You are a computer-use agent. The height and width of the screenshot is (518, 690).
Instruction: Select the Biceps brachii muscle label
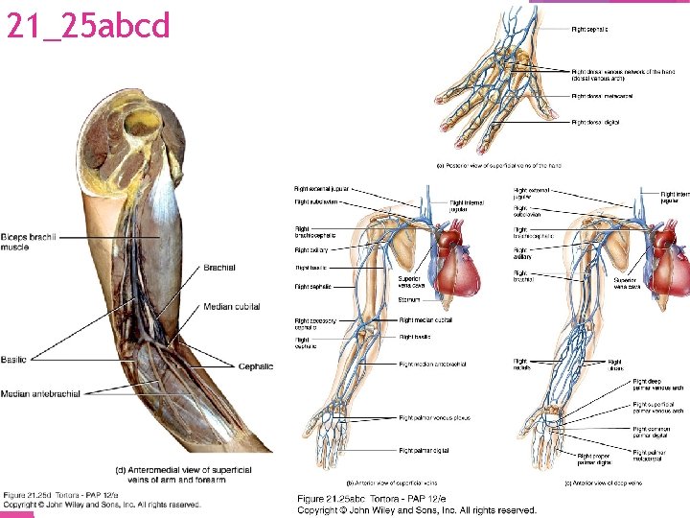(x=29, y=242)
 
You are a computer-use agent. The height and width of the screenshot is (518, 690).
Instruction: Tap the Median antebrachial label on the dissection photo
(x=40, y=393)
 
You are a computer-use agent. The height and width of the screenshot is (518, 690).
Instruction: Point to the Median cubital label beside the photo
(x=232, y=307)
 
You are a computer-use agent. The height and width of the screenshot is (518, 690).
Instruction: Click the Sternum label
(x=409, y=300)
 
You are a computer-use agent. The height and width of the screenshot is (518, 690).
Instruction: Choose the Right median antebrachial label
(x=432, y=365)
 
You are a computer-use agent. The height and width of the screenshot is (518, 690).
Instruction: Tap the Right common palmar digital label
(x=657, y=433)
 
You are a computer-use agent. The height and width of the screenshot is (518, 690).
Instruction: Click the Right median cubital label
(x=425, y=319)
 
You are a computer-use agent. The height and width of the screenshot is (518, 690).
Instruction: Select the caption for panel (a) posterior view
(x=498, y=165)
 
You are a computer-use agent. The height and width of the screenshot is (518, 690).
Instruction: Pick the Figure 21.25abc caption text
(x=416, y=505)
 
